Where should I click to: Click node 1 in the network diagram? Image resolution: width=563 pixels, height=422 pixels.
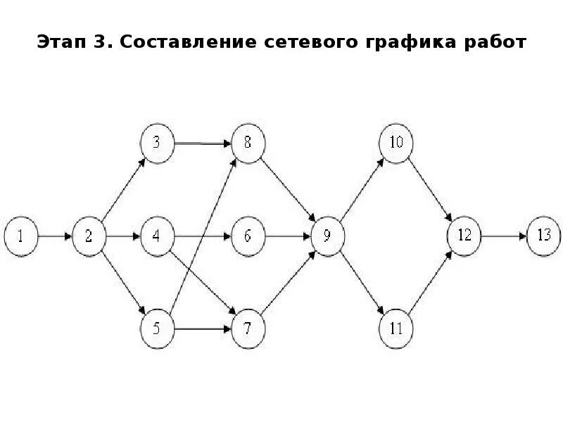point(21,236)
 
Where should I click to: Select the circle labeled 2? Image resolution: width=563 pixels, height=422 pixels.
point(89,236)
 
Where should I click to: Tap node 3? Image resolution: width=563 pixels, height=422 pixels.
point(157,143)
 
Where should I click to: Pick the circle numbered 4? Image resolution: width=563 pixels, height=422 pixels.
point(157,236)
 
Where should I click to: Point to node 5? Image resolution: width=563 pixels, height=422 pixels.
point(157,328)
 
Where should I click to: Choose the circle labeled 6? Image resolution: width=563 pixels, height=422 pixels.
point(248,236)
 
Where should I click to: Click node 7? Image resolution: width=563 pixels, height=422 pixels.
point(248,328)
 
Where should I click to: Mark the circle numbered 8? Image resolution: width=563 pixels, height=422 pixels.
point(248,143)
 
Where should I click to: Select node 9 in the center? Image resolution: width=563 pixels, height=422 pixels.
point(327,236)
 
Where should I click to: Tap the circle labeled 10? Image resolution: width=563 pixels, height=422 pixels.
point(396,143)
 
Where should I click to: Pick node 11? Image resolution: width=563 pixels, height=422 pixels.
point(396,328)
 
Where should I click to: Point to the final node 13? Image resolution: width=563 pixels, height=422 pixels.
point(544,236)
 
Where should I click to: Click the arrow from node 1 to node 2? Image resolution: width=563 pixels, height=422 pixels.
point(55,236)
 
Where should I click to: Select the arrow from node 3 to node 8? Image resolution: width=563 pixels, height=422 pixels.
point(202,143)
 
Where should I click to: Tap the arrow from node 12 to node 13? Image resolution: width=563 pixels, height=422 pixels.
point(504,236)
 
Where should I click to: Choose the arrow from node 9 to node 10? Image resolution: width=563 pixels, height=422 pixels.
point(362,190)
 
